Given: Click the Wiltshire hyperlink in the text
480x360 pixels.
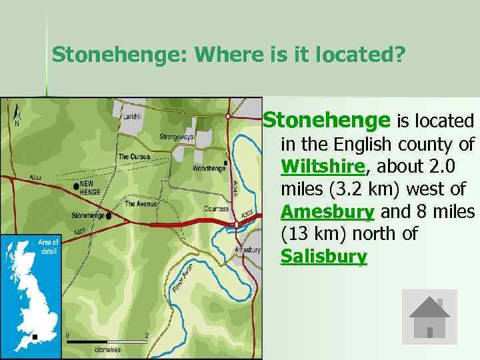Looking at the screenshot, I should coord(323,166).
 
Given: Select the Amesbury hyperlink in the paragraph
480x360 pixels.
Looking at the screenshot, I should coord(327,211).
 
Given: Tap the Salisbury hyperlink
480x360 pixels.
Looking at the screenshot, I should coord(324,257).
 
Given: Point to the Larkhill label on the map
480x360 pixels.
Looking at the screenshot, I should coord(132,116).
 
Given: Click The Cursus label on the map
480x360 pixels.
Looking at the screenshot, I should coord(134,157).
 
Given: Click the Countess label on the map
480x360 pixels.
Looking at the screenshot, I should coord(216,209).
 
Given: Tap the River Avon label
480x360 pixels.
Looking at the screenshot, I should coord(181,281).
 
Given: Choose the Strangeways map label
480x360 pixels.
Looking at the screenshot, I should coord(177,137).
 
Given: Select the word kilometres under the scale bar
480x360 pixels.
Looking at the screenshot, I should coord(107,349).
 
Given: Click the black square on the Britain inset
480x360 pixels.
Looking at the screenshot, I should coord(35,337).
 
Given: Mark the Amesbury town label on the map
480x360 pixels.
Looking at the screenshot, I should coord(247,249).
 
